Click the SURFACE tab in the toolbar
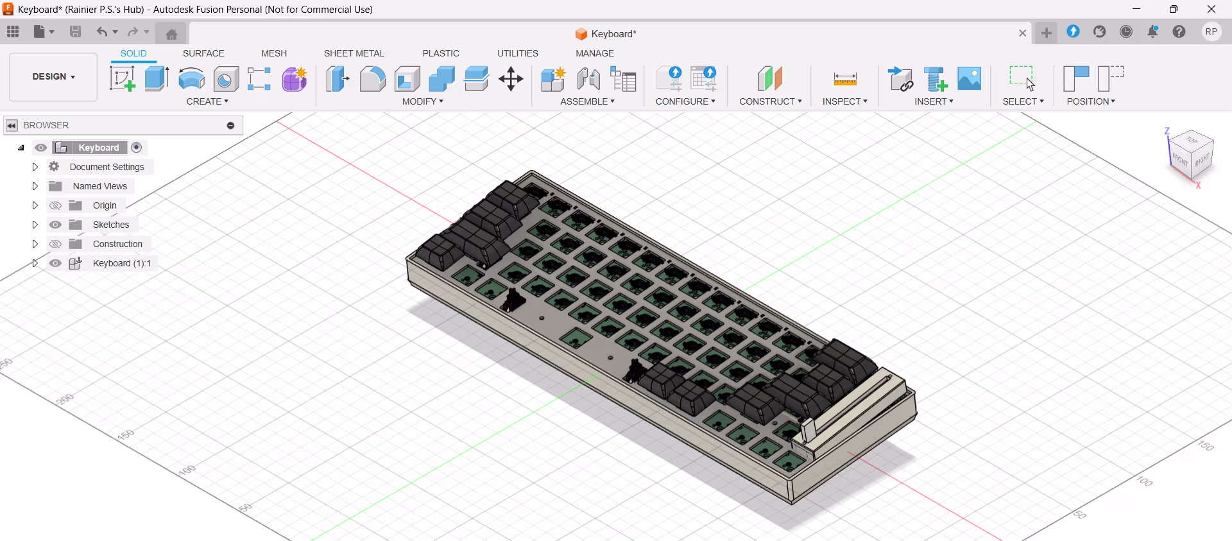(203, 53)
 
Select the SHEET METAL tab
(354, 53)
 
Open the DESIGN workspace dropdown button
(54, 76)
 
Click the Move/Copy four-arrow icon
(511, 79)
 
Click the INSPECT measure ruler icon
(844, 79)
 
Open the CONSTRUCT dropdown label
(770, 101)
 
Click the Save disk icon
(75, 31)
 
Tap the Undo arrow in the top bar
(101, 31)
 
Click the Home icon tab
(171, 34)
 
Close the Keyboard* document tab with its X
(1022, 33)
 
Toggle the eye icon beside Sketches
(56, 225)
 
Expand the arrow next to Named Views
(35, 186)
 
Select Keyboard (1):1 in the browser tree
(121, 263)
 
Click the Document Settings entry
(107, 167)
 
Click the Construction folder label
(117, 244)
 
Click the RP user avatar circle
(1211, 31)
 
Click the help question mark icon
(1179, 31)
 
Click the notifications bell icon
(1152, 31)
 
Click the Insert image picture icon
(969, 79)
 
